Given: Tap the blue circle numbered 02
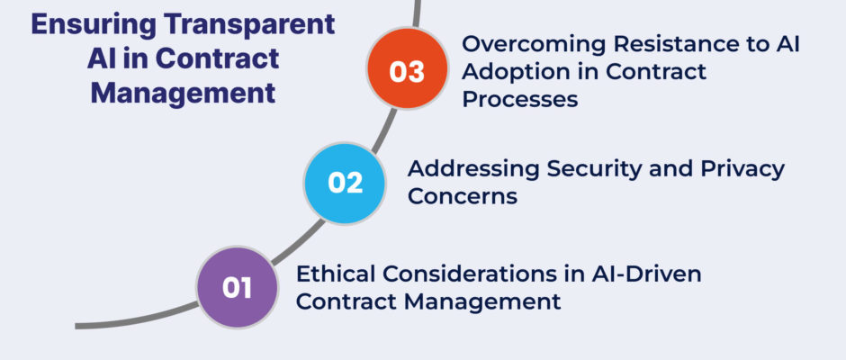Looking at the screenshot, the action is pos(345,184).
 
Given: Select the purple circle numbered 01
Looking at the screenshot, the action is pos(237,288).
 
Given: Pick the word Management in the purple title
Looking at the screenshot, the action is pos(184,93).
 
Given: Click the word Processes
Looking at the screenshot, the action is pos(520,99).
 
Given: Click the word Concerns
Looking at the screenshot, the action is pos(463,196).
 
